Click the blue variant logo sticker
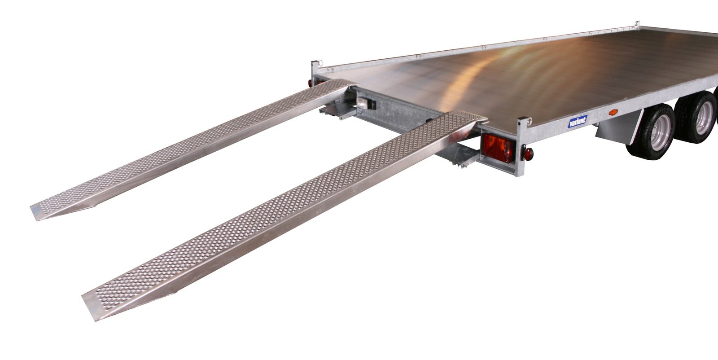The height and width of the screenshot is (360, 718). [578, 121]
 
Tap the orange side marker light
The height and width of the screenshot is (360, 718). [613, 112]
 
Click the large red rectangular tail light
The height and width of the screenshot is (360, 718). [498, 148]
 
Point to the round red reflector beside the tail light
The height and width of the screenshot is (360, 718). [528, 154]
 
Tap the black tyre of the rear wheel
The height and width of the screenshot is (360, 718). [651, 132]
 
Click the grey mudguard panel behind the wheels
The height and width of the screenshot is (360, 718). [619, 127]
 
